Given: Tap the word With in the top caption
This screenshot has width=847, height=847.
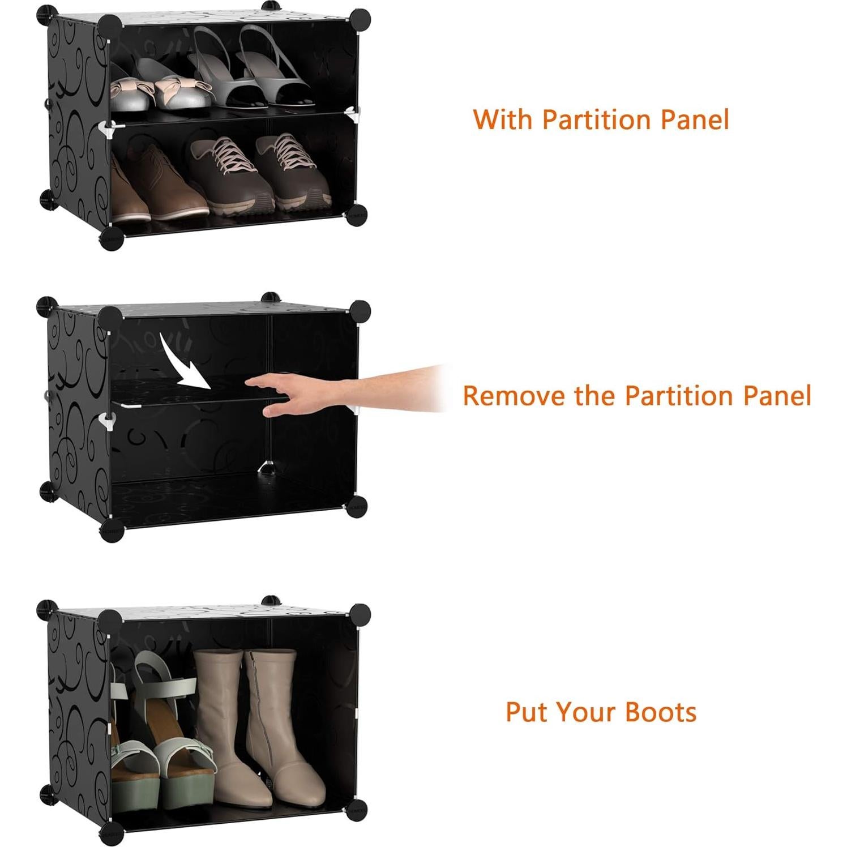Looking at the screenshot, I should click(x=503, y=120).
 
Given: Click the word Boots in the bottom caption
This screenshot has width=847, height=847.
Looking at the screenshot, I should click(x=661, y=712).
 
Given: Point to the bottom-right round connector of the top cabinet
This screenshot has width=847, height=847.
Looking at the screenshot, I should click(x=357, y=215).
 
